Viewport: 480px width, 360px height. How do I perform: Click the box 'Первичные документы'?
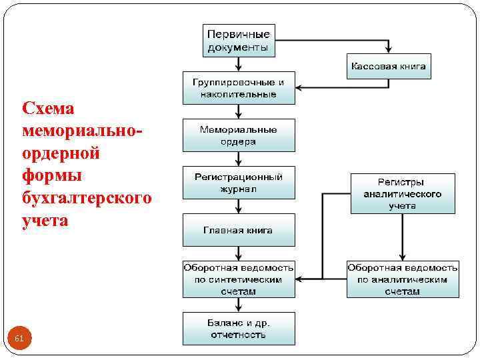click(239, 41)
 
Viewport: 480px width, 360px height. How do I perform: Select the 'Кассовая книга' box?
click(389, 67)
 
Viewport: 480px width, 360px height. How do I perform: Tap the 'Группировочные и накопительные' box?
click(239, 88)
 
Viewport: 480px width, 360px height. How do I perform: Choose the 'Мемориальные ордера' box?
click(239, 136)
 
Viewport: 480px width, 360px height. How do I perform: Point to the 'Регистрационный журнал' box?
click(239, 183)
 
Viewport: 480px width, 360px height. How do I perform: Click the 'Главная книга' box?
click(239, 230)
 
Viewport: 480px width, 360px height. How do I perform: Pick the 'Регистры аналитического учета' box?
click(403, 194)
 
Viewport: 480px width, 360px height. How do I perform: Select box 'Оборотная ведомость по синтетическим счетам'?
click(239, 279)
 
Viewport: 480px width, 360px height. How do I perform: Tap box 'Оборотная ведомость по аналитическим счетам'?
click(403, 279)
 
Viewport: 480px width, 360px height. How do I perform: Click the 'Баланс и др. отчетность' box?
click(239, 329)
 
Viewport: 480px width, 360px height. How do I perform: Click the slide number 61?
click(19, 339)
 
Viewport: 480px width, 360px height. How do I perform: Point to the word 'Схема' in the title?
click(49, 108)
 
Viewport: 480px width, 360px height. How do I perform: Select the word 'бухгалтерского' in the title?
click(87, 198)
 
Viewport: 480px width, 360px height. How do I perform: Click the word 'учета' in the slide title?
click(45, 220)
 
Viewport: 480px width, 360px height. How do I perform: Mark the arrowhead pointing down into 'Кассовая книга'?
click(389, 49)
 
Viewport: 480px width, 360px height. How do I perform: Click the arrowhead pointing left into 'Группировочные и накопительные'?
click(299, 87)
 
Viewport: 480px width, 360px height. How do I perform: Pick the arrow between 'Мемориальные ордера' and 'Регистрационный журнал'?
click(239, 159)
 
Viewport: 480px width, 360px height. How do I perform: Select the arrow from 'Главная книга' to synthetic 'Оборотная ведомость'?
click(239, 253)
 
